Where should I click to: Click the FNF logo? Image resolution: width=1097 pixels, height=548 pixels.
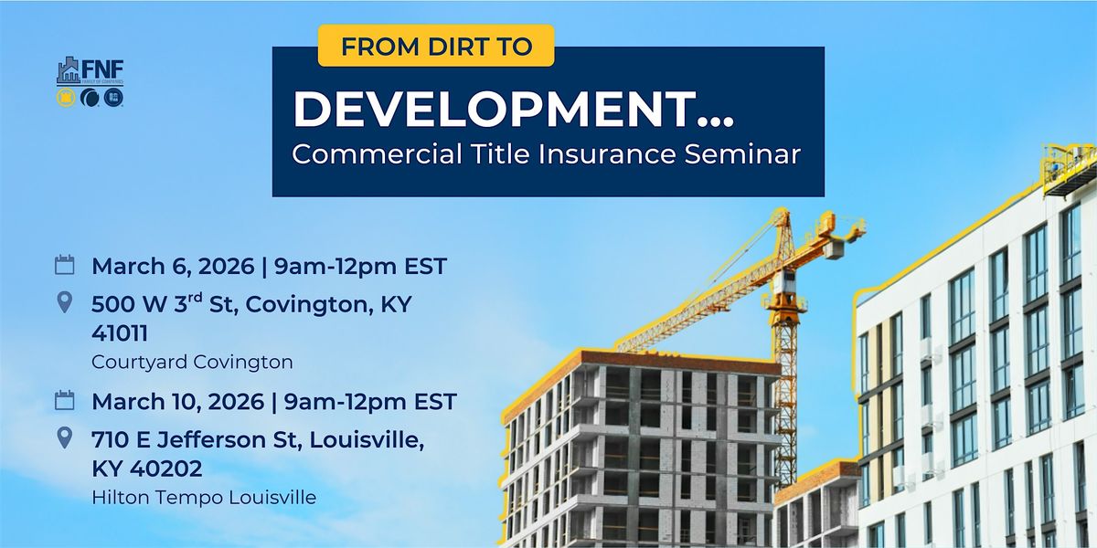tap(90, 81)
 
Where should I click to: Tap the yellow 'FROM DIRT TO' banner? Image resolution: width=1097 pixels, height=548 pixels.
tap(436, 46)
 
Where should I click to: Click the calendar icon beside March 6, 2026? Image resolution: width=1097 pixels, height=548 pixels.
tap(64, 266)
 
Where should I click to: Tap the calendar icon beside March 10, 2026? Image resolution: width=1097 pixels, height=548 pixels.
tap(64, 400)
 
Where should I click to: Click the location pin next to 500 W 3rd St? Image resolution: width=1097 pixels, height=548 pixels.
tap(64, 303)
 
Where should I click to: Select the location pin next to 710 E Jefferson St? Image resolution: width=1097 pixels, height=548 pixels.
tap(64, 437)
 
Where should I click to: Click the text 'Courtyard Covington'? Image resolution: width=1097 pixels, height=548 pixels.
tap(192, 362)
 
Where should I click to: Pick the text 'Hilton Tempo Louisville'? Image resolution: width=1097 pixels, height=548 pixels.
tap(204, 497)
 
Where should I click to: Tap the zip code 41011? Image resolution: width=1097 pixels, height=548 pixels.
tap(120, 334)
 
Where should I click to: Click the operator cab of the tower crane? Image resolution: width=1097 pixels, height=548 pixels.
tap(784, 278)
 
